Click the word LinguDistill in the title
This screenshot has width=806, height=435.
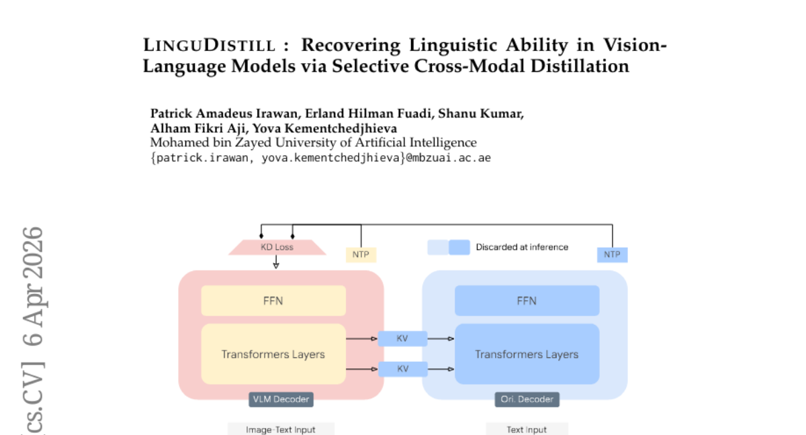click(209, 46)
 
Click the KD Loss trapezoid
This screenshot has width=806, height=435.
click(277, 247)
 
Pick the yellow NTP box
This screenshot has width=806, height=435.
click(361, 254)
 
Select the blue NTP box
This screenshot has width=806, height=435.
click(612, 254)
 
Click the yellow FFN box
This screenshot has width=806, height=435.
click(273, 301)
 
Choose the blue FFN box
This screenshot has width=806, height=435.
click(527, 301)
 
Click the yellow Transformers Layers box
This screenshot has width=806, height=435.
click(273, 354)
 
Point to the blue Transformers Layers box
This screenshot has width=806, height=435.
click(527, 354)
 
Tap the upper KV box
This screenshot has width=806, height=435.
click(402, 339)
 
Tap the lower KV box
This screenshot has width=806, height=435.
click(402, 369)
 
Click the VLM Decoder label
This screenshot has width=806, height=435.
click(281, 399)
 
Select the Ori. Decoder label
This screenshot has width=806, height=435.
click(527, 399)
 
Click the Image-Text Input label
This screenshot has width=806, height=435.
click(281, 430)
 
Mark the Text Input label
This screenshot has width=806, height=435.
click(527, 430)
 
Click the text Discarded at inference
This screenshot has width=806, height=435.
click(522, 247)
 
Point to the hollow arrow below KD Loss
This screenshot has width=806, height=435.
click(276, 264)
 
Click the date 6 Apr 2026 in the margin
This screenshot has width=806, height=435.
click(33, 285)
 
